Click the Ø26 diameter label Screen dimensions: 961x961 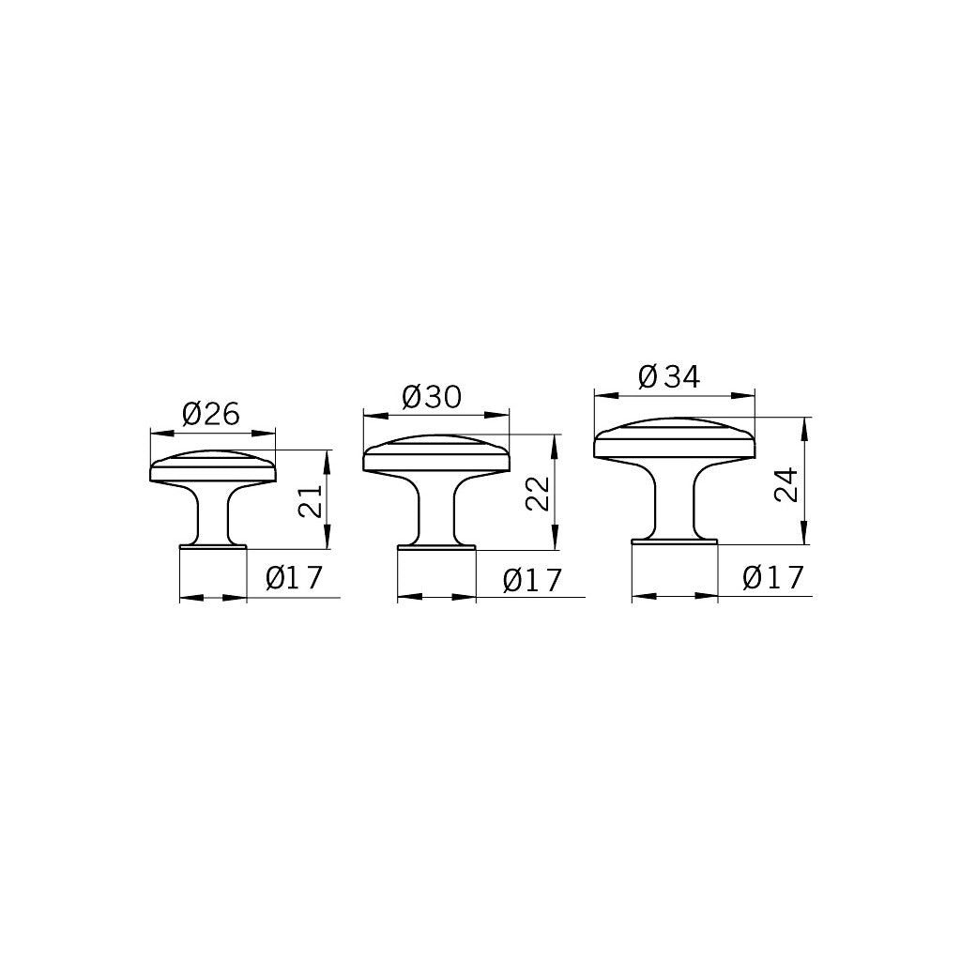(x=212, y=413)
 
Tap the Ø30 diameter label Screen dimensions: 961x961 (x=432, y=397)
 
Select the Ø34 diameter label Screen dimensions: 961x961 (x=669, y=377)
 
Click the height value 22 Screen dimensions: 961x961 (x=537, y=492)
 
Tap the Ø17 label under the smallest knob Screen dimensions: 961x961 (x=294, y=578)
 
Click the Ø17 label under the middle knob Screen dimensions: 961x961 (x=531, y=581)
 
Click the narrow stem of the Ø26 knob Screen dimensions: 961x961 (x=213, y=516)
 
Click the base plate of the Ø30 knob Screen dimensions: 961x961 (x=435, y=546)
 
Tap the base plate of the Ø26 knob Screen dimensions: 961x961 (x=213, y=545)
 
